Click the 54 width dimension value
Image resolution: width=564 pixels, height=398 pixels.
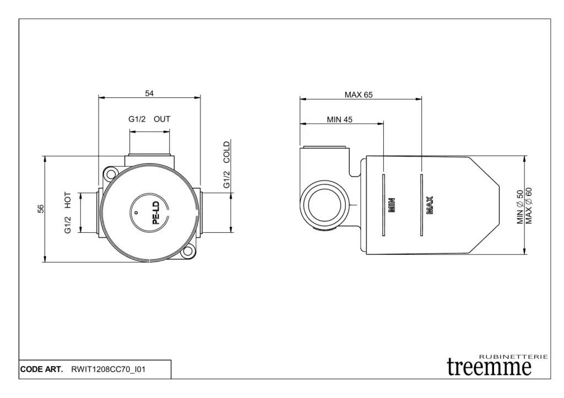149,94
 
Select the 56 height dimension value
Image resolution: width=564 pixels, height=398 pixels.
41,209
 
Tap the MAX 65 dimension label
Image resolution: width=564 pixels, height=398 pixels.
359,95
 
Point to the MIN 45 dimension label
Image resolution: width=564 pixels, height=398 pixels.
339,119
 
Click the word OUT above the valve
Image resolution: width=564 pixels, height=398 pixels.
162,119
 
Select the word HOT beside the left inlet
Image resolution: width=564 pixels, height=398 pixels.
68,200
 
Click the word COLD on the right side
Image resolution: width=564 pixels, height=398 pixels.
226,152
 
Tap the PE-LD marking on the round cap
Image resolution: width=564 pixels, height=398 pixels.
156,213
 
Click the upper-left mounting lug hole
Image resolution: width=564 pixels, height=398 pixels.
110,175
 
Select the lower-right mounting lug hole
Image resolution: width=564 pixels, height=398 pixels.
187,251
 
